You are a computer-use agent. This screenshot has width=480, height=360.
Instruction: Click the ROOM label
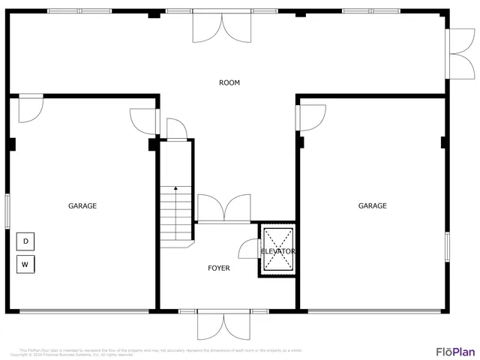pyautogui.click(x=229, y=82)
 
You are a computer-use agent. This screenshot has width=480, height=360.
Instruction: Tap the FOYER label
pyautogui.click(x=219, y=268)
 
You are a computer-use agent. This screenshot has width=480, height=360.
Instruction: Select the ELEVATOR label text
pyautogui.click(x=277, y=251)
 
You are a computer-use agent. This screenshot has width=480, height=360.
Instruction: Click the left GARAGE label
pyautogui.click(x=82, y=205)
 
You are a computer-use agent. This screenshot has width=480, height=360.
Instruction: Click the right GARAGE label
pyautogui.click(x=372, y=205)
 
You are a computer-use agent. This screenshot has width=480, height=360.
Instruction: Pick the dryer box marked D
pyautogui.click(x=25, y=241)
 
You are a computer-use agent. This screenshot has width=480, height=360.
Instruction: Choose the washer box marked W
pyautogui.click(x=25, y=265)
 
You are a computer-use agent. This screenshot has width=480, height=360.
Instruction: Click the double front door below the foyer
pyautogui.click(x=223, y=325)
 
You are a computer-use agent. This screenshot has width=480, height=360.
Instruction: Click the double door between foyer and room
pyautogui.click(x=223, y=208)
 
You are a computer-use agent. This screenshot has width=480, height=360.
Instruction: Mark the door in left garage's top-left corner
pyautogui.click(x=31, y=107)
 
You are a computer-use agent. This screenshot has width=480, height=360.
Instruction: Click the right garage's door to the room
pyautogui.click(x=311, y=117)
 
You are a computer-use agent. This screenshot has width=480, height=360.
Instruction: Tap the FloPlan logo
pyautogui.click(x=455, y=351)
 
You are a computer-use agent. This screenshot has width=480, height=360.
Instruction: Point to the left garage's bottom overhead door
pyautogui.click(x=83, y=310)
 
